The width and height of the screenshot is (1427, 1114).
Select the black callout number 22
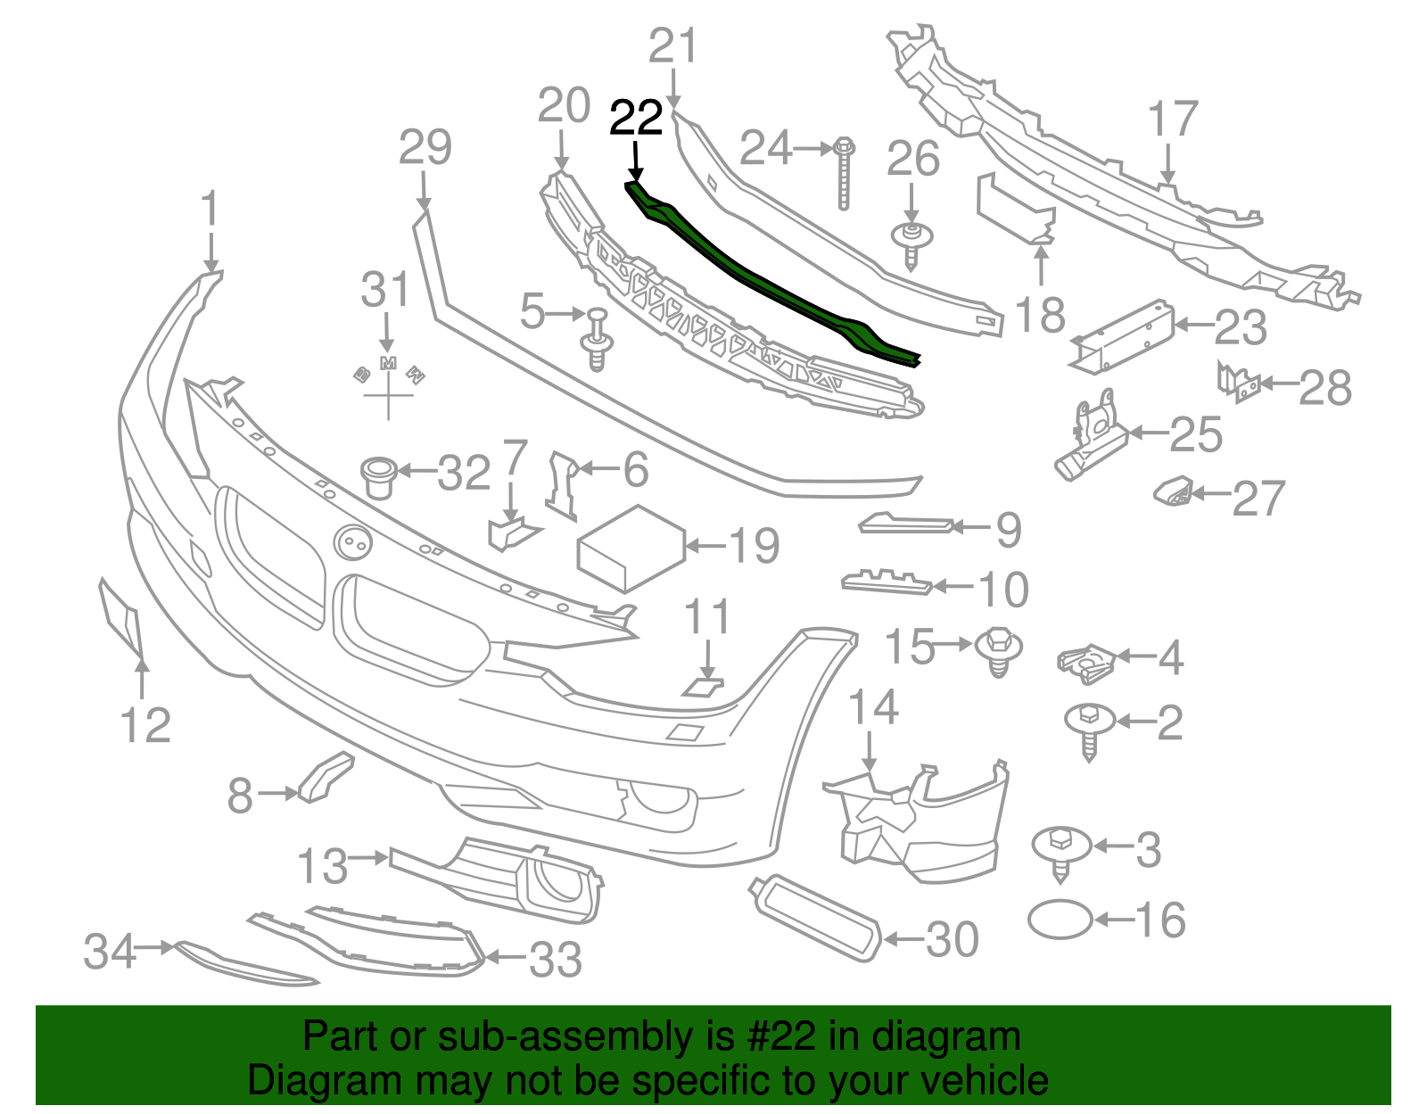[x=636, y=120]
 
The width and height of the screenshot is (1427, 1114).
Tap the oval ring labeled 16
[x=1060, y=920]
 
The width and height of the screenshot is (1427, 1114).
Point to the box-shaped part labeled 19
[x=631, y=549]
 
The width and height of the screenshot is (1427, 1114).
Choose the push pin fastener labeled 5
[x=597, y=339]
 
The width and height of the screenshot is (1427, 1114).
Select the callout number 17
[x=1172, y=120]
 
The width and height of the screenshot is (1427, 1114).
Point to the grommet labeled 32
[x=378, y=476]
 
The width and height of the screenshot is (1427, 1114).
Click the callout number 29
[x=425, y=147]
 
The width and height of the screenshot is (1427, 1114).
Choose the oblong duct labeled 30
[x=814, y=918]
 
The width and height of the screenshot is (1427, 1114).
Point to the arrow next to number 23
[x=1192, y=326]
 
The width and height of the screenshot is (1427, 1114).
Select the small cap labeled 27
[x=1173, y=491]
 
